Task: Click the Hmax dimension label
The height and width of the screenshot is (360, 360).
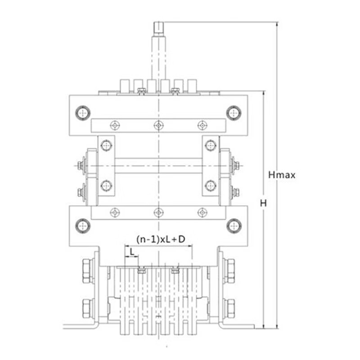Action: point(282,175)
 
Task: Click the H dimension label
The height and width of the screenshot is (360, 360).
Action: point(263,203)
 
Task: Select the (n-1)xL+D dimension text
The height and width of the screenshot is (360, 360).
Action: point(161,239)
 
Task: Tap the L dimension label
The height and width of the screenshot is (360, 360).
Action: point(132,252)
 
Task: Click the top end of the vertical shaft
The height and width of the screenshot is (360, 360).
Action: point(159,22)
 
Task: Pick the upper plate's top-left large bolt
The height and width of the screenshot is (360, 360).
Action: point(83,113)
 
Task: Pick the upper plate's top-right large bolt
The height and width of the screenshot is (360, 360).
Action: point(234,113)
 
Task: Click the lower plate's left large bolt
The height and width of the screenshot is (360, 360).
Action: point(83,226)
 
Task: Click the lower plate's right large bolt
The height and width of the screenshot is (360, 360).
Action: point(234,226)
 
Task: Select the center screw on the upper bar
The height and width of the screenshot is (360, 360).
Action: point(159,126)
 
